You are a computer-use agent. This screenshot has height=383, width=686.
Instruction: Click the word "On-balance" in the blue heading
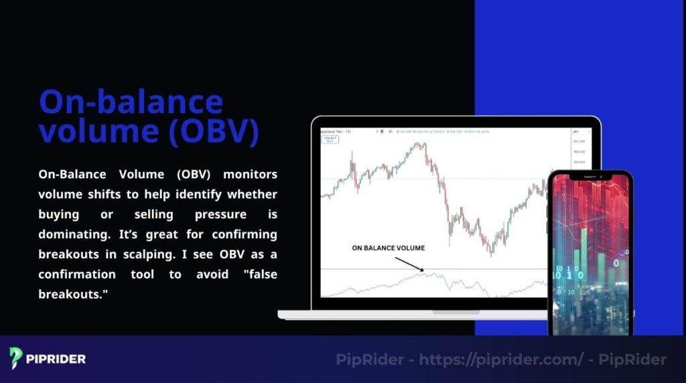(131, 102)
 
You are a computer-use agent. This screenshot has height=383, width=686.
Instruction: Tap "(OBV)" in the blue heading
(212, 132)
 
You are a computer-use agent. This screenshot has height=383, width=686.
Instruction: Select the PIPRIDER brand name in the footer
(56, 359)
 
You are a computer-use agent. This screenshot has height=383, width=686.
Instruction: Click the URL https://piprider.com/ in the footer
(501, 360)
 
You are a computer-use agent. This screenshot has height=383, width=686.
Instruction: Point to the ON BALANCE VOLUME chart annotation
(388, 248)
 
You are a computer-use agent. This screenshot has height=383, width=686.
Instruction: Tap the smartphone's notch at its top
(590, 176)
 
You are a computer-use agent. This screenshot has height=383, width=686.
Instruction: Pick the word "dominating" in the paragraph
(73, 234)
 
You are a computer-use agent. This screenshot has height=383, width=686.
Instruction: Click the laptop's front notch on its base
(456, 312)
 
